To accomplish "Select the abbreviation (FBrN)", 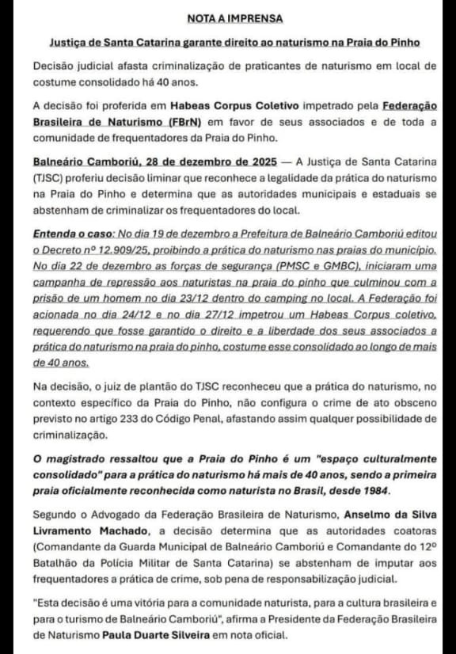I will pos(180,121).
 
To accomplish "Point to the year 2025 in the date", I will pos(260,164).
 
